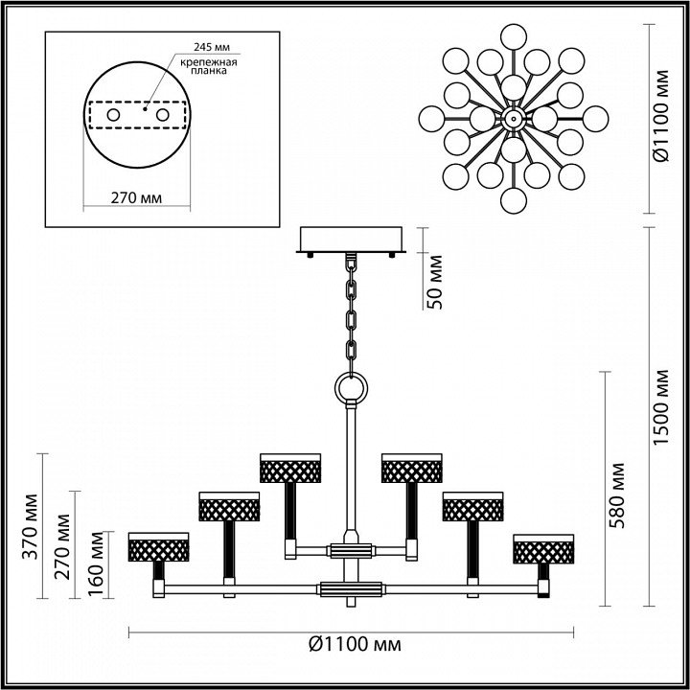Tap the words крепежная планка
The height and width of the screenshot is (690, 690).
click(x=209, y=66)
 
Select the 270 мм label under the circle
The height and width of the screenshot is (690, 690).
click(x=136, y=198)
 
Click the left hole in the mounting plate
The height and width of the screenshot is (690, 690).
click(x=113, y=115)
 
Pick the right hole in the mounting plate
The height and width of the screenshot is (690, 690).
click(x=162, y=115)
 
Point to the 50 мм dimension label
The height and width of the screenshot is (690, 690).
click(x=436, y=282)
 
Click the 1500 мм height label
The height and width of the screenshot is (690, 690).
click(x=660, y=407)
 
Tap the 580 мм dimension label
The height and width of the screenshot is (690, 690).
click(x=618, y=495)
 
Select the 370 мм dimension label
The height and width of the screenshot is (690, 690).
click(x=31, y=526)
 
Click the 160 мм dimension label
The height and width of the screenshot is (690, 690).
click(x=96, y=564)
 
